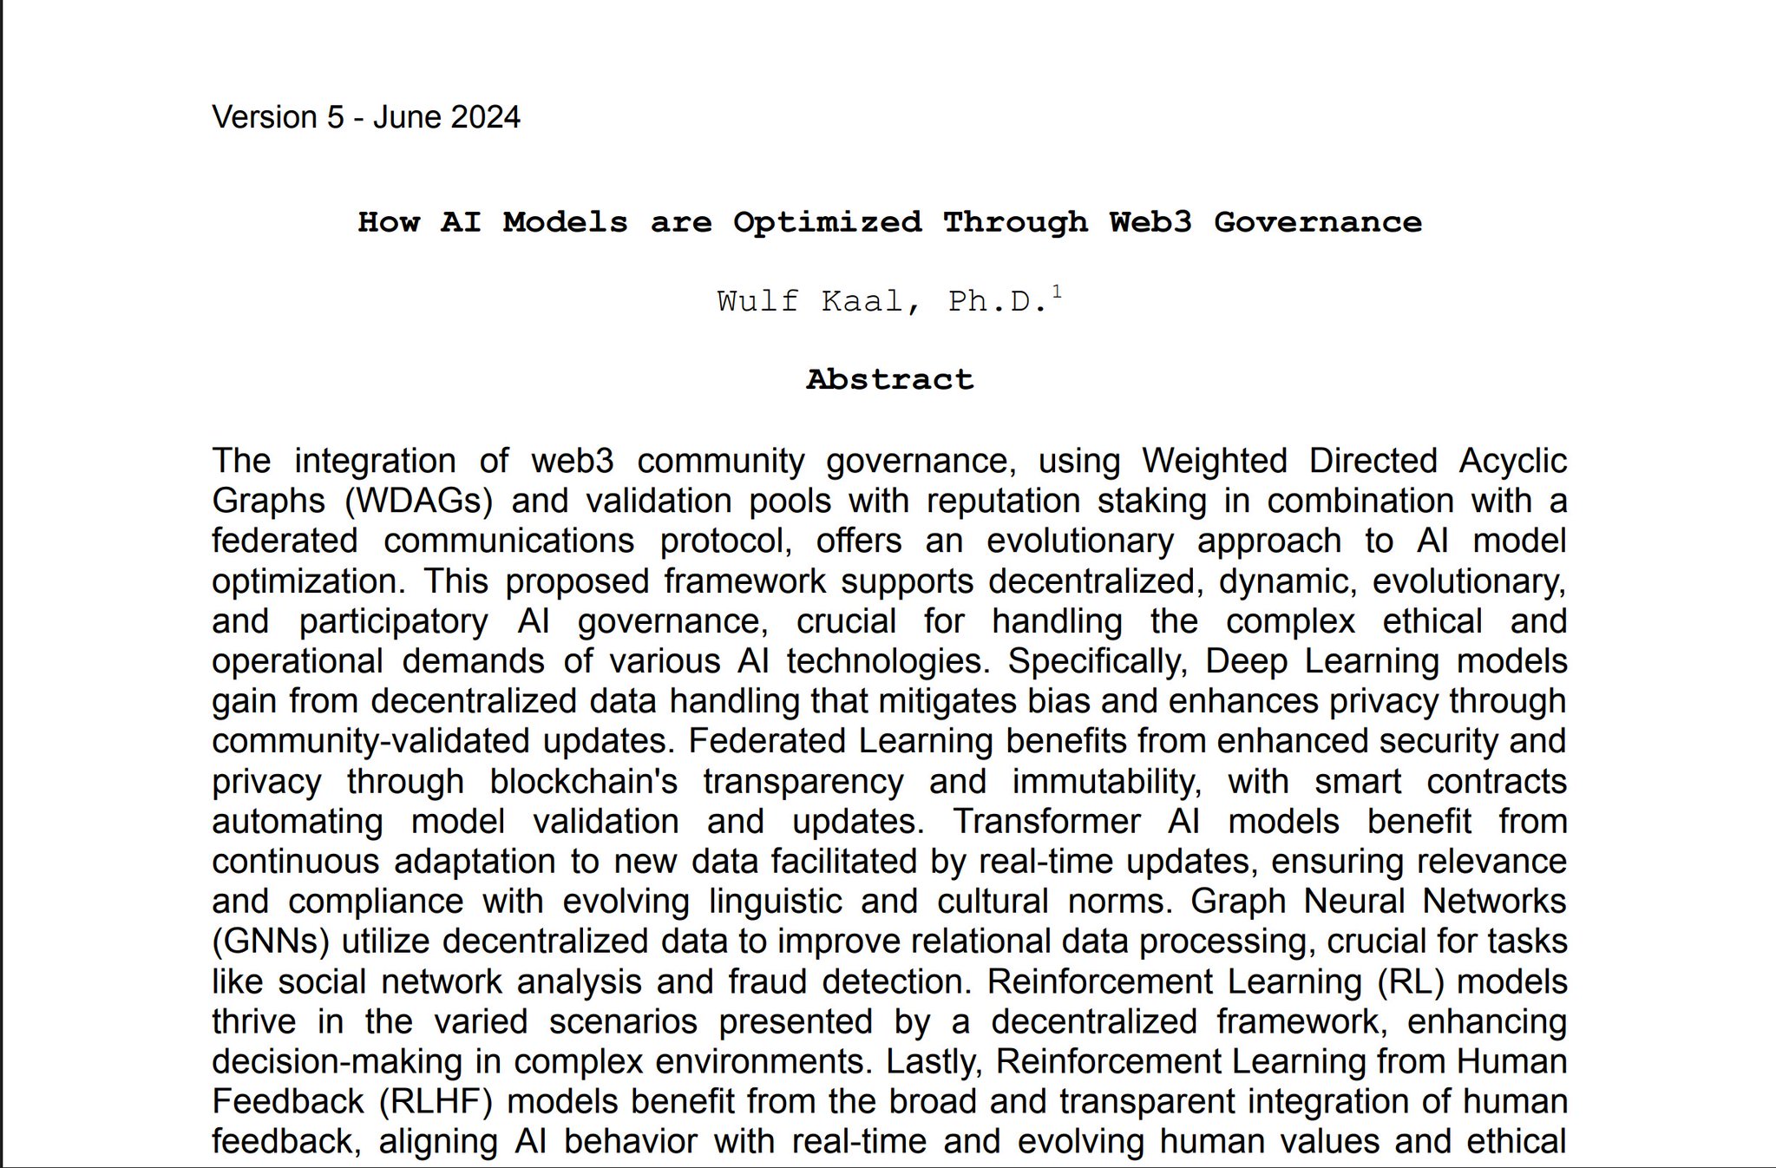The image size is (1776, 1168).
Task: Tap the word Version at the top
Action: pos(265,117)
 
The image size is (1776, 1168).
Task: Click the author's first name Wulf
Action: pos(757,301)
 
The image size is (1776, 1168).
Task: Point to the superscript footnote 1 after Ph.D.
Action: pos(1057,292)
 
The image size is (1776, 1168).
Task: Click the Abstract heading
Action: pos(889,379)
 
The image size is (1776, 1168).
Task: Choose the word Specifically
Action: pos(1097,661)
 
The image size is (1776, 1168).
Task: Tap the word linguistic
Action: pos(775,901)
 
